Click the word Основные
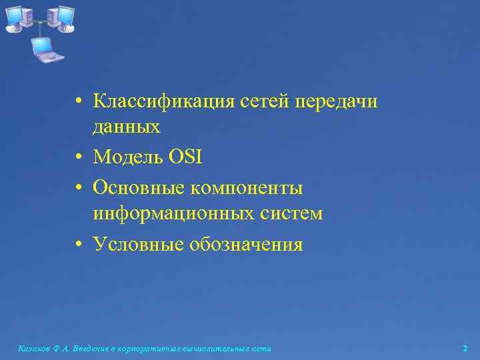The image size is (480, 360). tap(139, 189)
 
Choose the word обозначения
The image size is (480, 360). tap(246, 245)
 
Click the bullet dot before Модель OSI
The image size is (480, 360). tap(79, 158)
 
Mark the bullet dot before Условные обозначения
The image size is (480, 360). tap(79, 245)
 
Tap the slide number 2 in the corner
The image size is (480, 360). tap(465, 349)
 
